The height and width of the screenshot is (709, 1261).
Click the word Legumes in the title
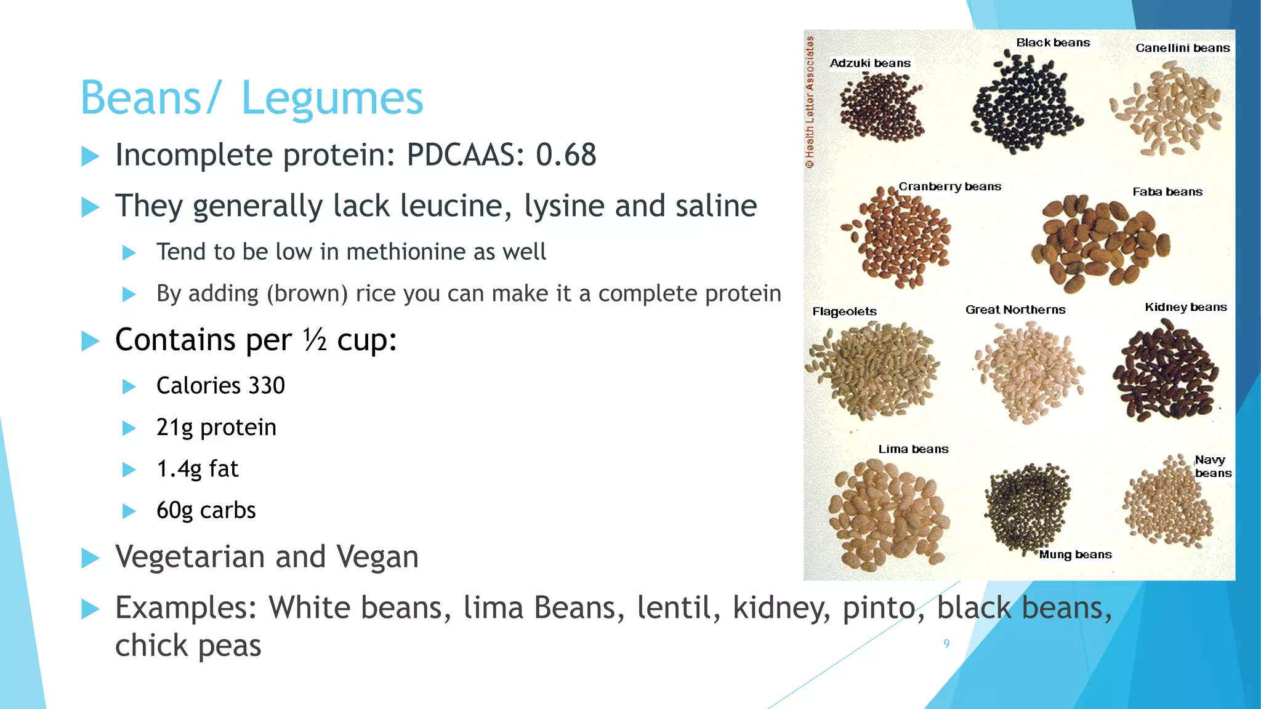332,98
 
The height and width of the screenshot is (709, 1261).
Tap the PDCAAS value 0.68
565,154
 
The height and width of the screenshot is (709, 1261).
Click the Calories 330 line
220,386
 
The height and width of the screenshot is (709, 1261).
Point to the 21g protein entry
216,428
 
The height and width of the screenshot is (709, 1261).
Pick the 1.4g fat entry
197,469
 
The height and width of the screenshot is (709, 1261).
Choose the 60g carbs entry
206,511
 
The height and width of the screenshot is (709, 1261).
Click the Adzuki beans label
869,63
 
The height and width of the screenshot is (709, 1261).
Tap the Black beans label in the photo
1053,43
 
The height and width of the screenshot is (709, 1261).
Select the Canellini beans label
1182,48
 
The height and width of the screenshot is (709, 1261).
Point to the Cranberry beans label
949,186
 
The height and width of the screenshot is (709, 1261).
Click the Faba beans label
1167,192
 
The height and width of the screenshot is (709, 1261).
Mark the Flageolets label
844,311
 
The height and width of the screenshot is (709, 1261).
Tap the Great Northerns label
1015,310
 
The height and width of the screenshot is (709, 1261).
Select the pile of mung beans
1027,508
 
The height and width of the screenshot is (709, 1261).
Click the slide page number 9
946,644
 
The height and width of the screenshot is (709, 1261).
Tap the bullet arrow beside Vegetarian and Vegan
91,558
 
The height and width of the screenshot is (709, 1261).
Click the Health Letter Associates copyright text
810,102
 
